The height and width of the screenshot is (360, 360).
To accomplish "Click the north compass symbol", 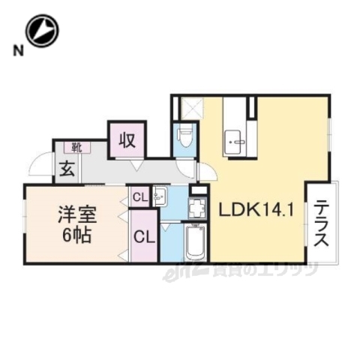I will pyautogui.click(x=41, y=29).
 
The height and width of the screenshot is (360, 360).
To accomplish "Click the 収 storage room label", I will pyautogui.click(x=126, y=139).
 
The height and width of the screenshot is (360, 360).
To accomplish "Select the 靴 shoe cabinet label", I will pyautogui.click(x=76, y=147).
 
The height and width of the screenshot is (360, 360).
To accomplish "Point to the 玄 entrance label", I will pyautogui.click(x=67, y=169).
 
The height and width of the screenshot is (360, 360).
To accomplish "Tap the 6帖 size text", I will pyautogui.click(x=73, y=234).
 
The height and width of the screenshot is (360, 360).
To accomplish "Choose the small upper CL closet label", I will pyautogui.click(x=139, y=198).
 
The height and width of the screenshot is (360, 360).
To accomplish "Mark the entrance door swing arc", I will pyautogui.click(x=41, y=163).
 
